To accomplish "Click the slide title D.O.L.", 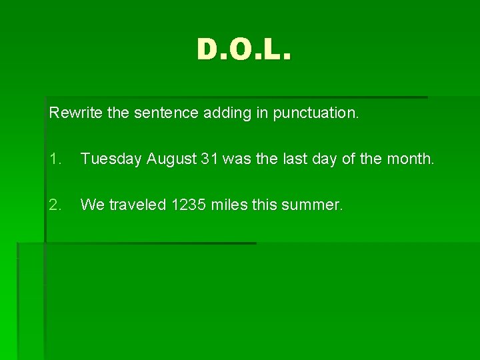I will coord(244,49).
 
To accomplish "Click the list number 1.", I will coord(55,159).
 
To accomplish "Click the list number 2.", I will coord(55,205).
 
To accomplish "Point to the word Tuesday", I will coord(111,159).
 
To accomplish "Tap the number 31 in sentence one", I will coord(209,159).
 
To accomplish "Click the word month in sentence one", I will coord(413,159).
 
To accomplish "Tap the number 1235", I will coord(189,205).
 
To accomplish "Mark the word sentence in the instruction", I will coord(161,113).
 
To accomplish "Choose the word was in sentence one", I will coord(235,159).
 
